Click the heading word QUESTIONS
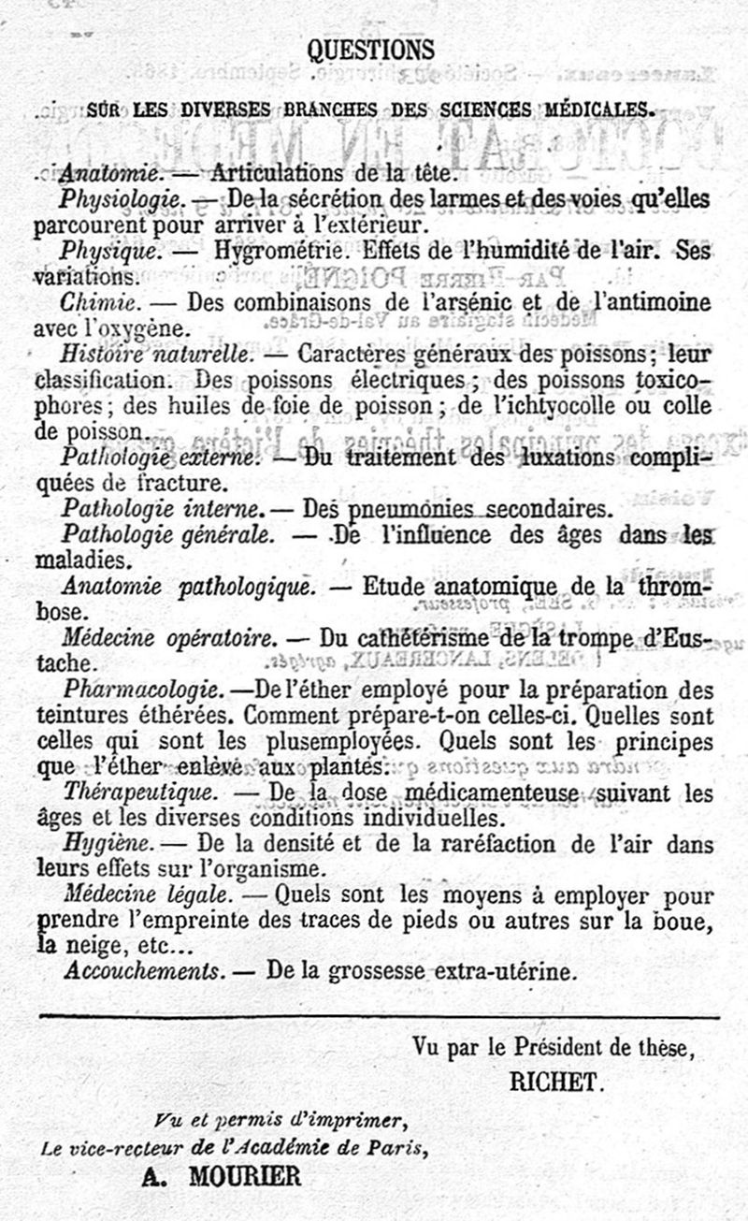coord(371,50)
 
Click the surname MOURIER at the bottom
coord(245,1176)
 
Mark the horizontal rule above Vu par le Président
coord(379,1017)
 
